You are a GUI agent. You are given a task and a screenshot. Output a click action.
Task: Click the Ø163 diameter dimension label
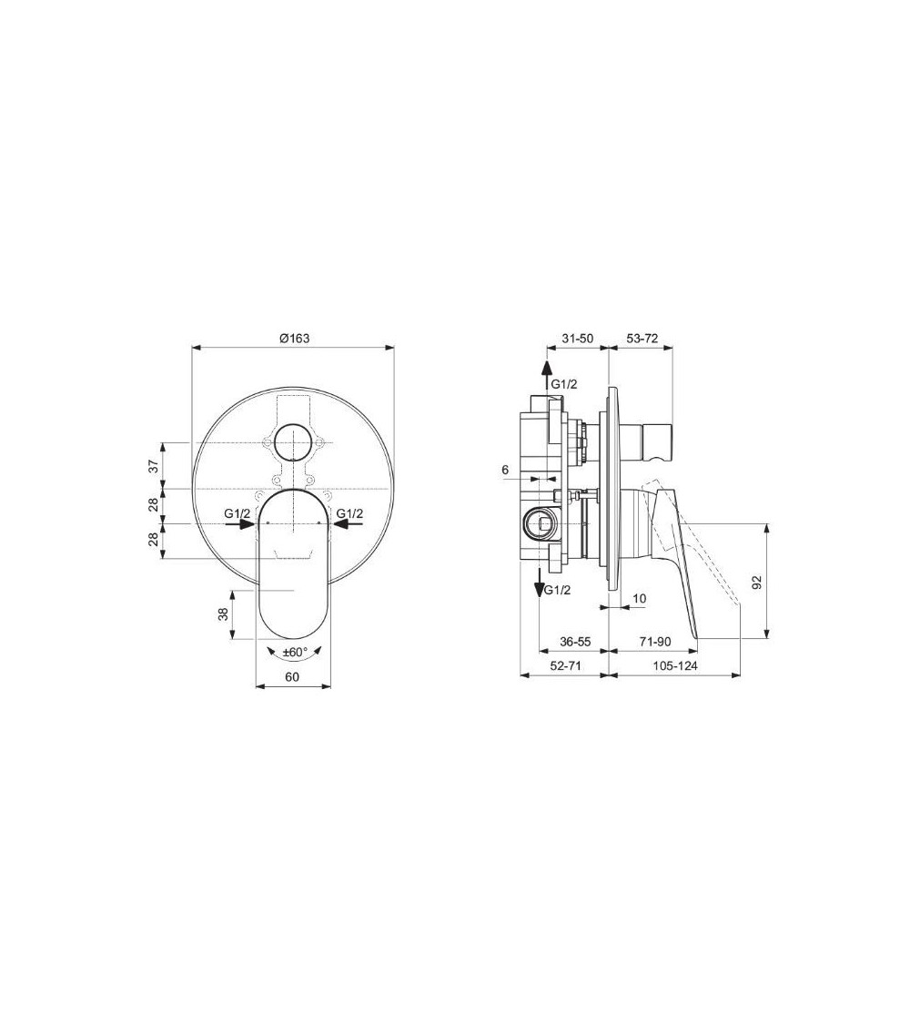click(294, 338)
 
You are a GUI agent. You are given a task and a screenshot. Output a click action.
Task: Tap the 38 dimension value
click(223, 614)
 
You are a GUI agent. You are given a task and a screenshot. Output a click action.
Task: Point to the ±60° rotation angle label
click(295, 652)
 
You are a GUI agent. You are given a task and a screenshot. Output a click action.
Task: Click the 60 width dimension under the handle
click(293, 676)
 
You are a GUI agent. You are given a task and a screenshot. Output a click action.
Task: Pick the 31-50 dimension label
click(576, 338)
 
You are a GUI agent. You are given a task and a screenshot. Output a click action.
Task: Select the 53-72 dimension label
click(642, 338)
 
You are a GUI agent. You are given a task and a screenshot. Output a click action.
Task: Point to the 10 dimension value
click(639, 598)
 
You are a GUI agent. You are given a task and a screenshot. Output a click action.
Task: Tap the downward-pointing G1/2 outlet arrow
click(541, 579)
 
